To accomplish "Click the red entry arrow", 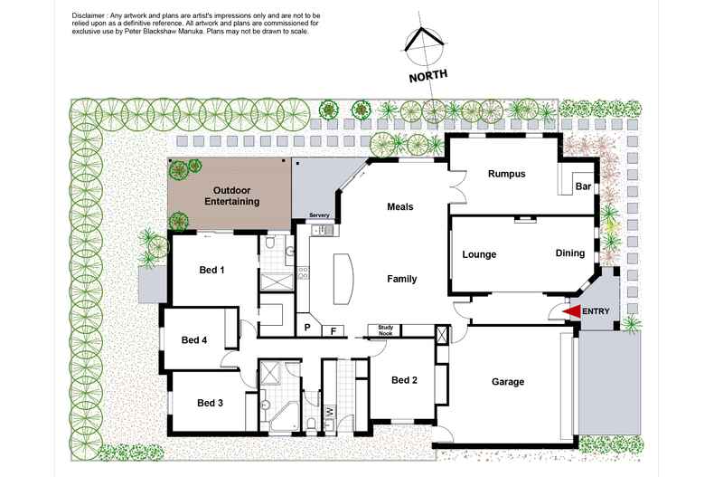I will coord(570,311).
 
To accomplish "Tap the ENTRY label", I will coord(597,311).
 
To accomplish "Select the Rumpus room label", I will coord(506,174).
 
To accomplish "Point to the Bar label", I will coord(583,187).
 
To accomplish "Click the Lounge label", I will coord(479,254).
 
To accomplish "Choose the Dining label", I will coord(569,253).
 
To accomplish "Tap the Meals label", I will coord(399,206).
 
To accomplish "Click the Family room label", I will coord(401,279).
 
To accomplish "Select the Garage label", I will coord(507,382).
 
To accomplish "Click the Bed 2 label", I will coord(404,380).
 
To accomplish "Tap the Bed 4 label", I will coord(194,340).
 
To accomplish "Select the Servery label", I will coord(318,215).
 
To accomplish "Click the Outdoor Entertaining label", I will coord(236,196).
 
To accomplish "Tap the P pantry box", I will coord(307,328).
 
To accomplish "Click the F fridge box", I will coord(334,330).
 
